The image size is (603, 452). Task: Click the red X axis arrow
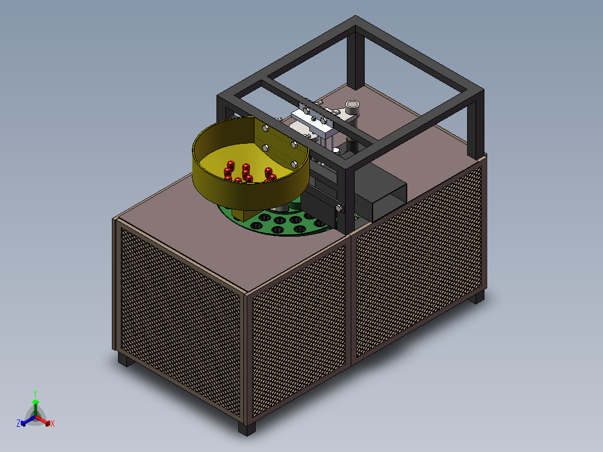tap(47, 422)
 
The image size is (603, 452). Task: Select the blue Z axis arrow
tap(23, 422)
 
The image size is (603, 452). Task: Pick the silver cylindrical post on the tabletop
tap(352, 109)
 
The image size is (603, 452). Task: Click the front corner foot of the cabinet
tap(246, 429)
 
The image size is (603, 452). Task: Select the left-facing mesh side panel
tap(179, 313)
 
